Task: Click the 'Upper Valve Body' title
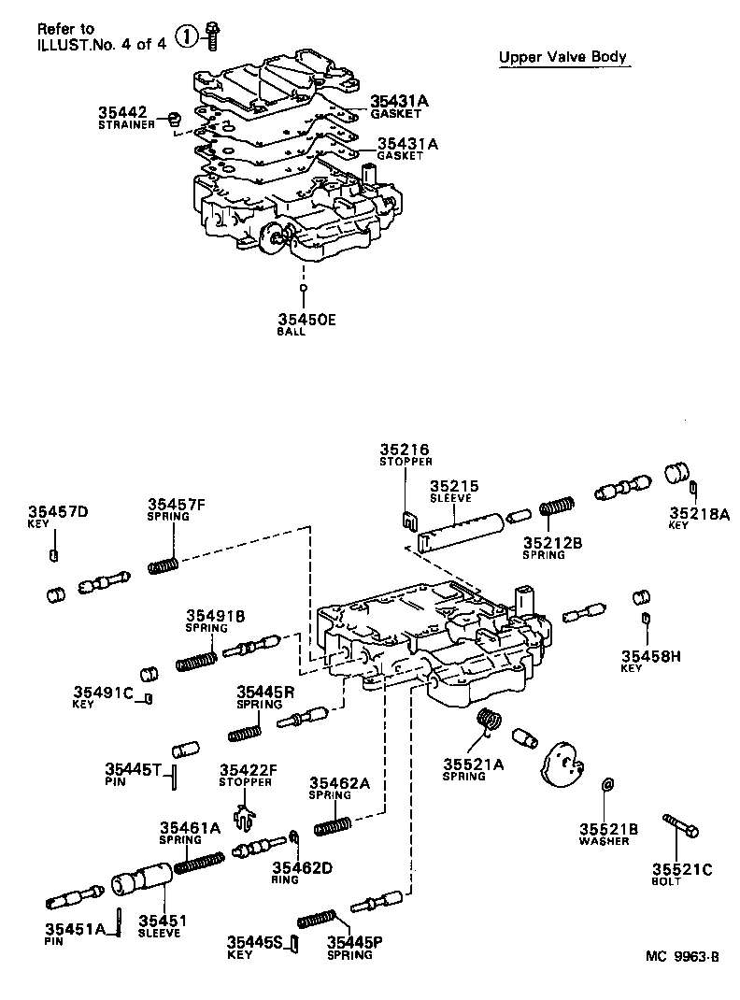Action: (562, 58)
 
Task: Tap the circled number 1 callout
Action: (188, 36)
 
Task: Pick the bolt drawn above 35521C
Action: (681, 827)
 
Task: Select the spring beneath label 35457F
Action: (164, 566)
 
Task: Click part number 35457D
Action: (57, 511)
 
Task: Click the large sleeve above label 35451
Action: (140, 883)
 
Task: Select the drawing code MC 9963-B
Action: (682, 956)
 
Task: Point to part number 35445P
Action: (354, 942)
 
